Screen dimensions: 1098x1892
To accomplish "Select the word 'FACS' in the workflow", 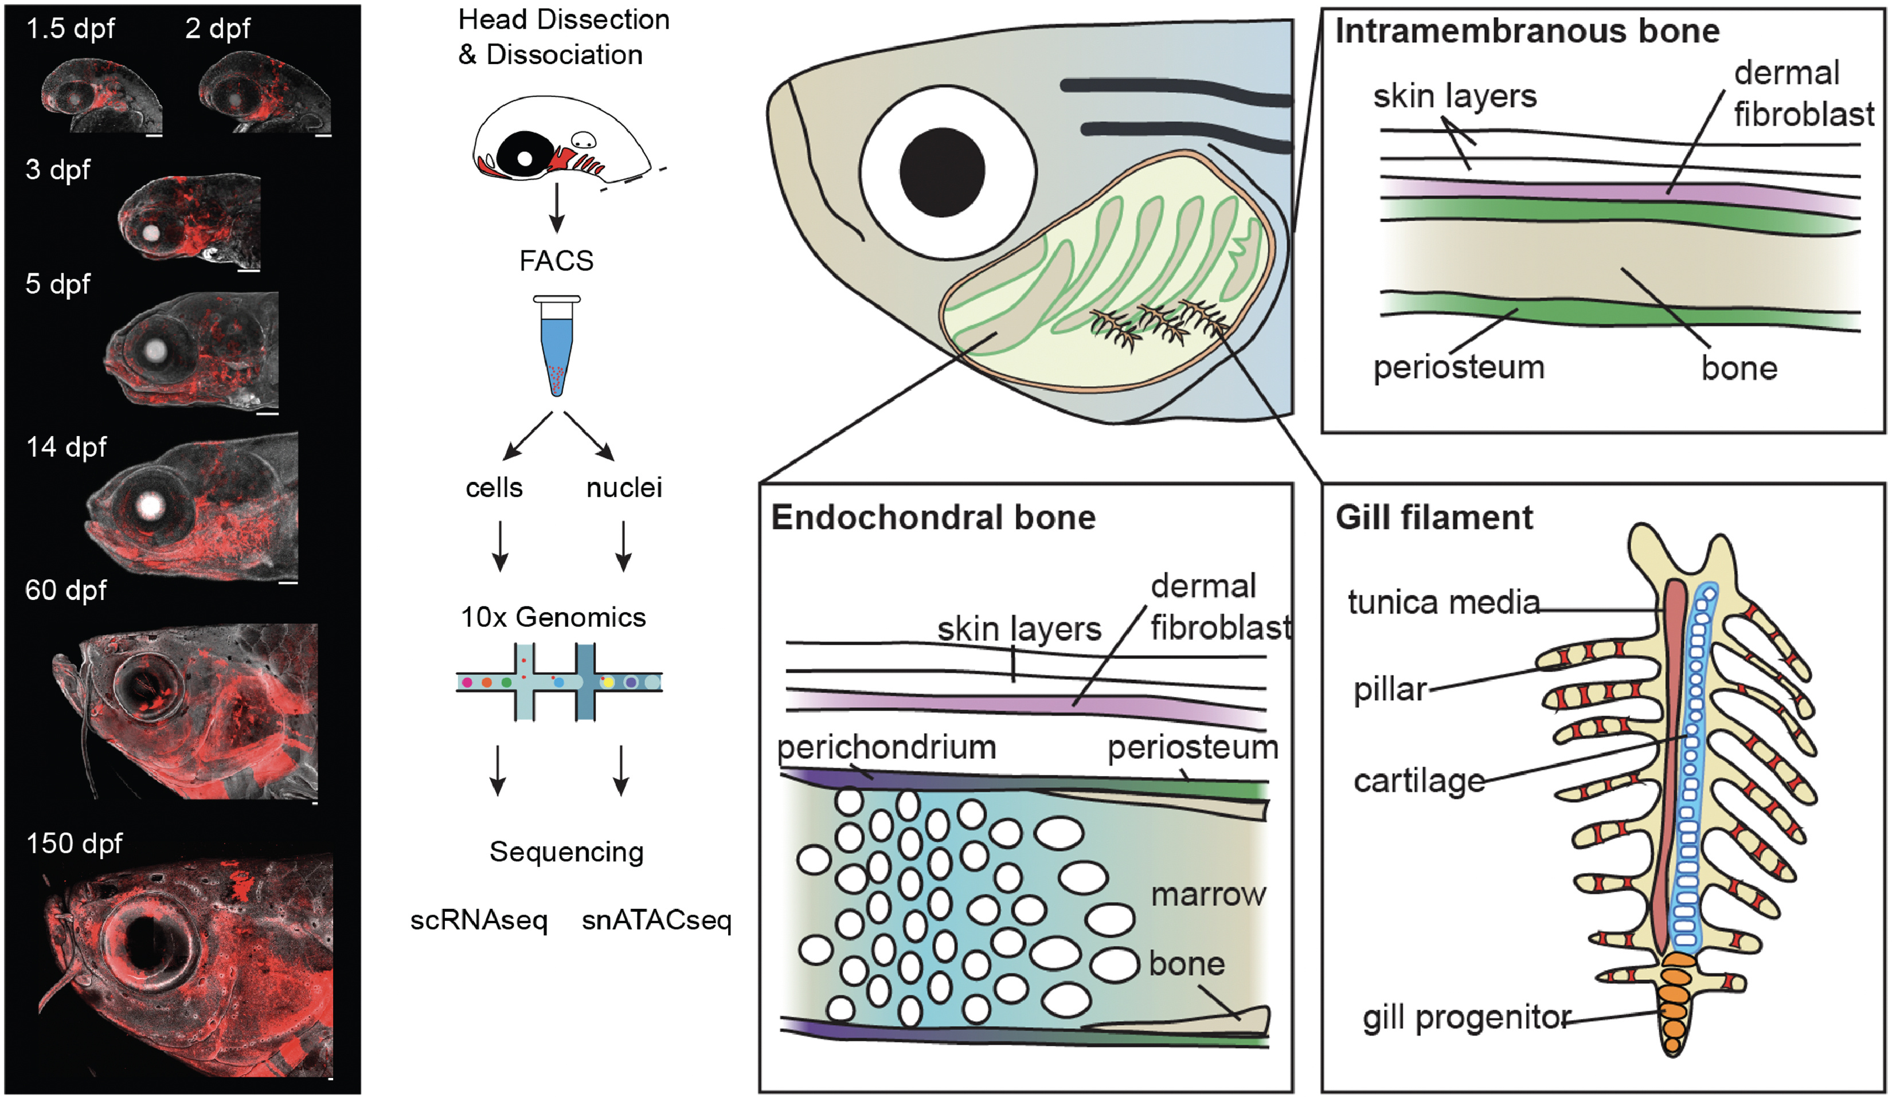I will [x=556, y=260].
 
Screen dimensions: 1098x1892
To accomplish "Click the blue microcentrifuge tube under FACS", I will [x=556, y=349].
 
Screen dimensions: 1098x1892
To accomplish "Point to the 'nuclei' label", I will [x=624, y=488].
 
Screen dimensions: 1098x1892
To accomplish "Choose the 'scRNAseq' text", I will [x=479, y=920].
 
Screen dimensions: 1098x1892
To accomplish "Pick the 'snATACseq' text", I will [x=656, y=920].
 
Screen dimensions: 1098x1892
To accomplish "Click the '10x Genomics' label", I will [x=553, y=617].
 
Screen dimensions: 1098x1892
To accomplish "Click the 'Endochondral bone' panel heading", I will [x=933, y=518].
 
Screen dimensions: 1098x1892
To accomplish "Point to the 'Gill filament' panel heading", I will [x=1434, y=518].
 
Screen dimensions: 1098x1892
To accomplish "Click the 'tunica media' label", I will [x=1443, y=602].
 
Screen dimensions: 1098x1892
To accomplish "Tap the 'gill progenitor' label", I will [x=1467, y=1018].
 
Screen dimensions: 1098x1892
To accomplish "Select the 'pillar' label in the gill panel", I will [x=1390, y=689].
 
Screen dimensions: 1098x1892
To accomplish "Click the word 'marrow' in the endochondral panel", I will [x=1208, y=894].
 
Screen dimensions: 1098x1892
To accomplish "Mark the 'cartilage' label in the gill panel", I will [x=1419, y=781].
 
